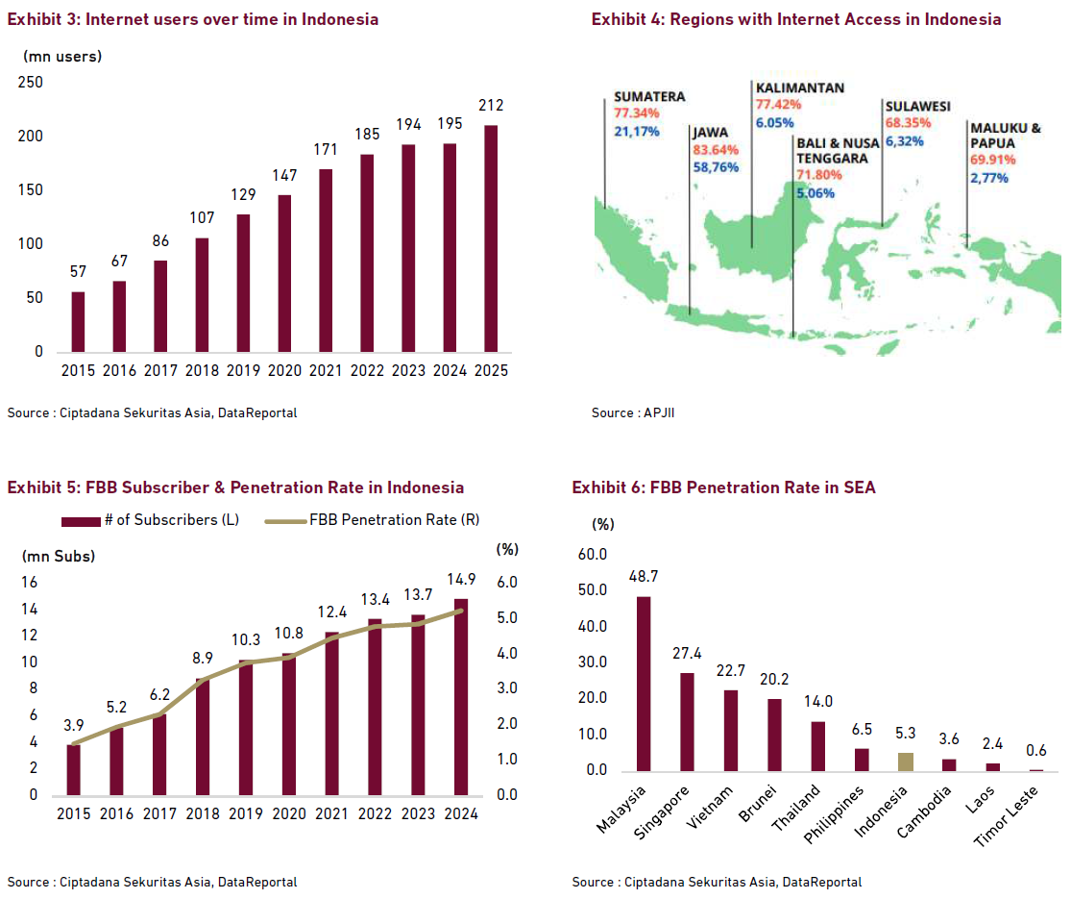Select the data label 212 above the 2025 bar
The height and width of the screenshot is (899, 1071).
coord(491,106)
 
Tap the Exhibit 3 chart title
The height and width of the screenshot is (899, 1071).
coord(193,19)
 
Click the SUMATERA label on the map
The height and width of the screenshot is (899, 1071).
coord(649,97)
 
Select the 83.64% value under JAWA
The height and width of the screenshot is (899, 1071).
coord(716,150)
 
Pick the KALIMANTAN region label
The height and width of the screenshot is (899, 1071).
coord(800,87)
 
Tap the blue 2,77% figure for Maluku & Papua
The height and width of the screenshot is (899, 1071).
coord(988,178)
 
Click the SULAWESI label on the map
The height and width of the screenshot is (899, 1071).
coord(917,106)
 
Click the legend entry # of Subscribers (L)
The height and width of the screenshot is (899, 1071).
coord(151,520)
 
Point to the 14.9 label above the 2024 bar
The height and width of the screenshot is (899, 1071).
coord(461,579)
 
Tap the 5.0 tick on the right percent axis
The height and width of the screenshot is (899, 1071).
coord(506,617)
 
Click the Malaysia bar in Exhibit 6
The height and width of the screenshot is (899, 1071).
coord(643,684)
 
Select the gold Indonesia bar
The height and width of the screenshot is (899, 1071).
coord(906,762)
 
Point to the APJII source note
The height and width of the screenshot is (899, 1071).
coord(625,412)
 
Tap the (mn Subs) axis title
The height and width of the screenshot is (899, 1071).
coord(59,556)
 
